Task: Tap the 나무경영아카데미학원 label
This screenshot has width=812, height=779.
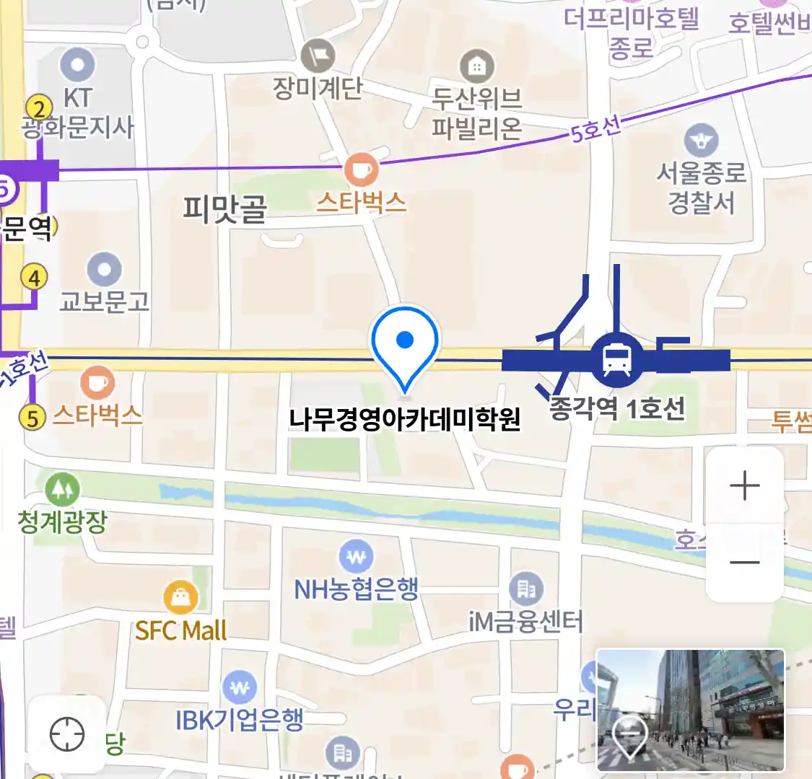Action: tap(404, 419)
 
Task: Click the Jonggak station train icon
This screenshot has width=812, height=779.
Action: tap(616, 358)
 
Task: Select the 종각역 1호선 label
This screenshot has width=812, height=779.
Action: tap(617, 409)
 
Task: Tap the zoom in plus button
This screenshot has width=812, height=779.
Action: tap(744, 486)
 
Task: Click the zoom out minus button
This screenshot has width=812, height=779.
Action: tap(744, 563)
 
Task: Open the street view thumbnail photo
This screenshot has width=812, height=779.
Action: tap(690, 710)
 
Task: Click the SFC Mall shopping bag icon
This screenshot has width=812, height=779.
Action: tap(180, 598)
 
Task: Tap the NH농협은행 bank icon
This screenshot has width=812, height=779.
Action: tap(356, 558)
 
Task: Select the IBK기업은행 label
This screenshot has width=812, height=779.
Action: tap(240, 719)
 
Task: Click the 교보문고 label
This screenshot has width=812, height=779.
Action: tap(105, 302)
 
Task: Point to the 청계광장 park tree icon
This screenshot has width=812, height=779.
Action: tap(63, 490)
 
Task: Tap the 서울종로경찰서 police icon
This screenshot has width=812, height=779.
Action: tap(701, 141)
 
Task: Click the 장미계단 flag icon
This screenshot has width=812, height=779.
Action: tap(318, 56)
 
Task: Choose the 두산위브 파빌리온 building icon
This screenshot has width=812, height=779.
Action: tap(476, 67)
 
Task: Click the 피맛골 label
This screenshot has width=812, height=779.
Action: tap(224, 209)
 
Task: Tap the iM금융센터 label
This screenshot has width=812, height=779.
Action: tap(525, 621)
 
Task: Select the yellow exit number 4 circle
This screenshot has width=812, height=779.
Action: tap(34, 277)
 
